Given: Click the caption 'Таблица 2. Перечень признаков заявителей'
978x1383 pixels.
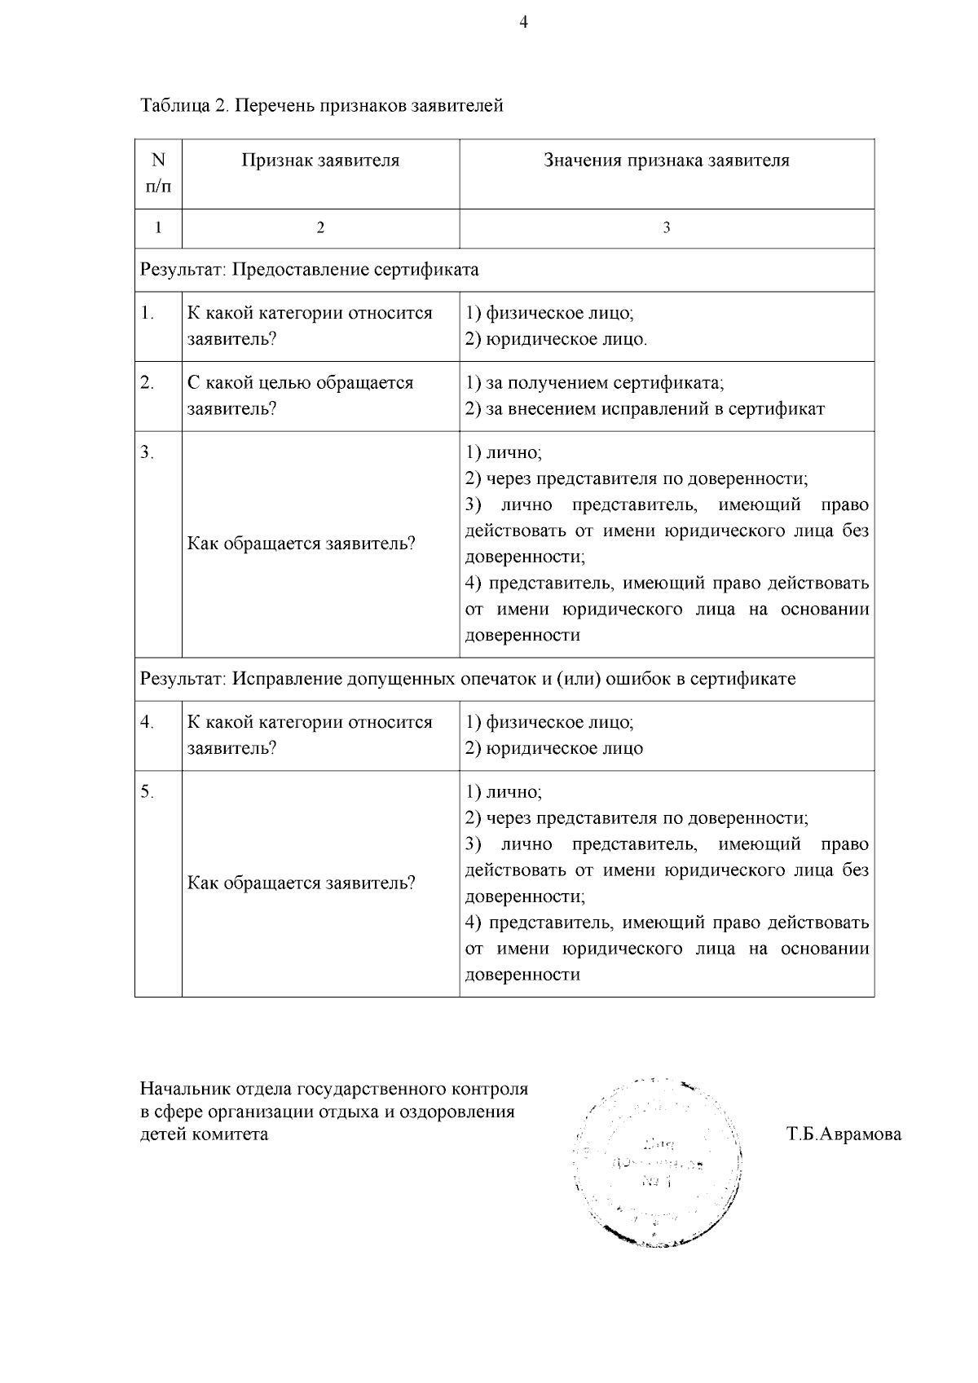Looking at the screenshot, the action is [321, 106].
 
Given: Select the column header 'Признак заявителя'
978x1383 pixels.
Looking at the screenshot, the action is [320, 161].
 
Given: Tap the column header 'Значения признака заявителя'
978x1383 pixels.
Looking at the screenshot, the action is [666, 161].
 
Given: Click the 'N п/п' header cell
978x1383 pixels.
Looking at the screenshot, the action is [158, 174].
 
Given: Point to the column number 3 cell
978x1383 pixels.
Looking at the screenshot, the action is [666, 229].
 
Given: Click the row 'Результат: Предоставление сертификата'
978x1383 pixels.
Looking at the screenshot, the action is [310, 270].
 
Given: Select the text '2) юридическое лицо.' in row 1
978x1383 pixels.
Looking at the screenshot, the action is [556, 339].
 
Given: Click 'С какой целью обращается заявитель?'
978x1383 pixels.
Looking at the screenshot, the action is [300, 395].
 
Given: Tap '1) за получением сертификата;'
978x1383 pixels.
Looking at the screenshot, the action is [594, 383].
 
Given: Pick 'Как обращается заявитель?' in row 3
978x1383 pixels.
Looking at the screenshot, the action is [302, 544].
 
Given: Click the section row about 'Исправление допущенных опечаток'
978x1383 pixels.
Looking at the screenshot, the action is [468, 679].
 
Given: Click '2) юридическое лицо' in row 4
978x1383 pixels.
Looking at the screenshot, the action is [553, 748].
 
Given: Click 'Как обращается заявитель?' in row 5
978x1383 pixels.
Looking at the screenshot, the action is [302, 883].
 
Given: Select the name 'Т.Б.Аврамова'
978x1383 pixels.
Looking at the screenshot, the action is [844, 1134].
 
